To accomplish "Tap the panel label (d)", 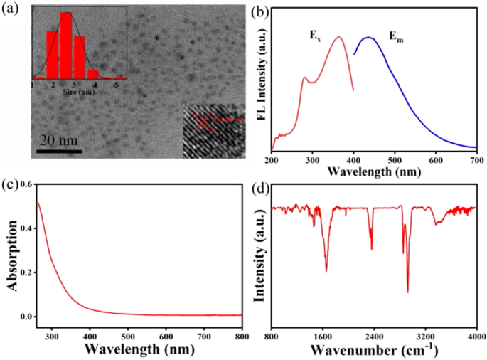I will click(x=260, y=188).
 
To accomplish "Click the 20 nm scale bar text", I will click(x=58, y=139).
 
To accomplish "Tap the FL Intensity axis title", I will click(x=261, y=78).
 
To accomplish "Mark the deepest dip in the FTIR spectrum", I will click(x=407, y=291).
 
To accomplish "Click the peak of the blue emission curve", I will click(x=368, y=38).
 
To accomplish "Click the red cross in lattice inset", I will click(x=207, y=122).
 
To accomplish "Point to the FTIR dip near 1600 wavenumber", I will click(x=326, y=270).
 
